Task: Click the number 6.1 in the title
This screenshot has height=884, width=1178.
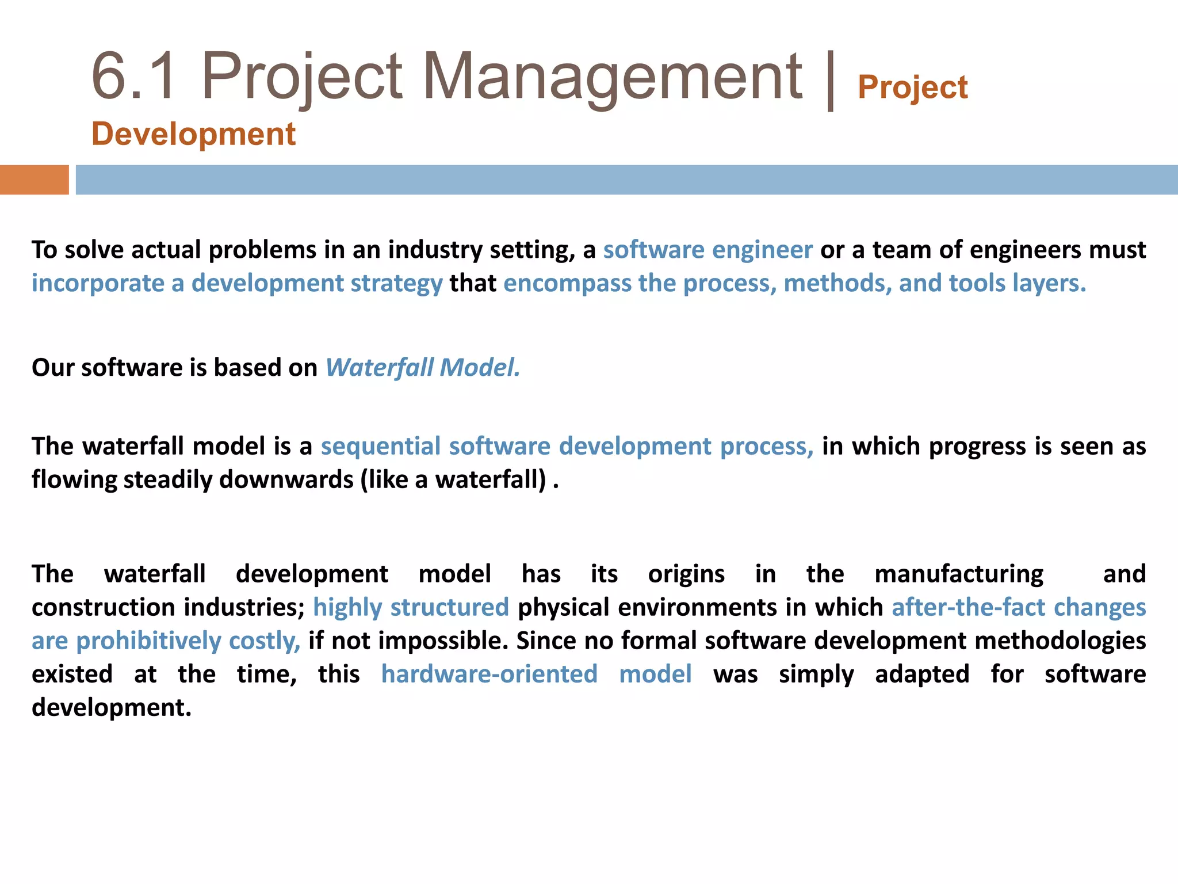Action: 133,77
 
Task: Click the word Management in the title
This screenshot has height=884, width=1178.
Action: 613,77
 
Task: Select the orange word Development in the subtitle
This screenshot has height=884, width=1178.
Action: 193,134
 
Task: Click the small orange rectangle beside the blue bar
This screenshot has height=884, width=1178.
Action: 34,180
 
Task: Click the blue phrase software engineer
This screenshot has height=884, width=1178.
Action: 707,250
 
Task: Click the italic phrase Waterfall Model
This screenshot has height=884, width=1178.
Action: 423,367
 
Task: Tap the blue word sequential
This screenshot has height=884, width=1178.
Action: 380,446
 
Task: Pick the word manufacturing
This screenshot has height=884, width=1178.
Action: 959,574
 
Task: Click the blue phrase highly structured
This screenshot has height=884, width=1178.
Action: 411,607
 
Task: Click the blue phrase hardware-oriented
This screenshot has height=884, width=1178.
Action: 489,674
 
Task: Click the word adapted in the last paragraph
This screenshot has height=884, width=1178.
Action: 922,674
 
